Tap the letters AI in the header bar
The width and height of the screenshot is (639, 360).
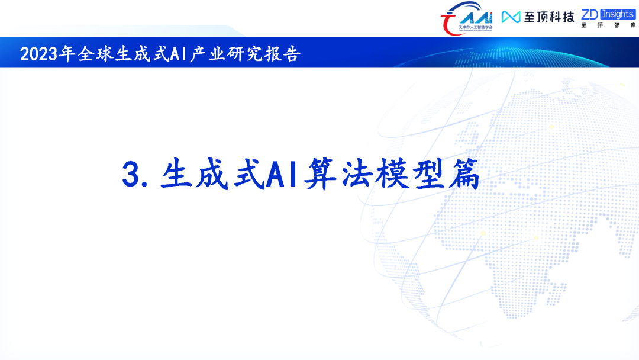pyautogui.click(x=178, y=54)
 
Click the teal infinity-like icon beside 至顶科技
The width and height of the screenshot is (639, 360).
pyautogui.click(x=511, y=17)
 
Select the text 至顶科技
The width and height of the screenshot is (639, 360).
pyautogui.click(x=548, y=17)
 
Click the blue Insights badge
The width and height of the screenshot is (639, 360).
pyautogui.click(x=617, y=14)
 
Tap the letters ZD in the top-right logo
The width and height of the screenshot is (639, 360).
pyautogui.click(x=590, y=14)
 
